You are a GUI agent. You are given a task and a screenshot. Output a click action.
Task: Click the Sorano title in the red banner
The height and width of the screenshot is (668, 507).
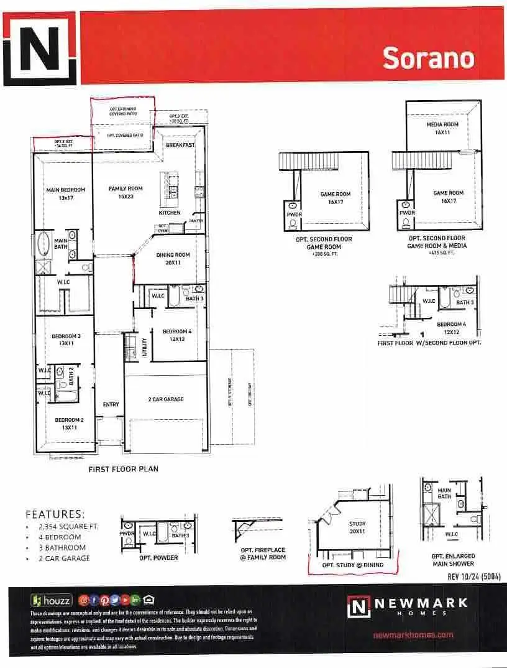pos(428,58)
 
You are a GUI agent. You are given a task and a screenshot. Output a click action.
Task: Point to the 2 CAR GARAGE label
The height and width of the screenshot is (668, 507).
pos(166,399)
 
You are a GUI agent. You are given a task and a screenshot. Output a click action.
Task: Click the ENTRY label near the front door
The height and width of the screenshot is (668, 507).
pos(111,404)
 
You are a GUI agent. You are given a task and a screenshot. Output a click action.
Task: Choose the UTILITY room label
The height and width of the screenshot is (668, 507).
pos(144,345)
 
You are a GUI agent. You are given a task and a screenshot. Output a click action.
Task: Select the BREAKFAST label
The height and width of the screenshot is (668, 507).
pos(180,145)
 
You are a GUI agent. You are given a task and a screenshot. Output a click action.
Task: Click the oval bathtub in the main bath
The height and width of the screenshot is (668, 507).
pos(45,244)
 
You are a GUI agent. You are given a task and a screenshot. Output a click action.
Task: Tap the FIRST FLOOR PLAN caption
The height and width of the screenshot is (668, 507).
pos(123,469)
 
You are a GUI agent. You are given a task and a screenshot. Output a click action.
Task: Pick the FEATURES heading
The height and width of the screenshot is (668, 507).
pos(55,514)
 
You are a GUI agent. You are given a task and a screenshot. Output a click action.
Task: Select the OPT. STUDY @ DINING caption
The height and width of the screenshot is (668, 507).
pos(352,565)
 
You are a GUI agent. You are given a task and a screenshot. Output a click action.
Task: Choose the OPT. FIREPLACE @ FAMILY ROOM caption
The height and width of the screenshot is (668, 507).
pos(263,553)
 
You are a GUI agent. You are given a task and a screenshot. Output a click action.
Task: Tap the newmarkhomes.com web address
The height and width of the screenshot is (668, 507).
pos(413,635)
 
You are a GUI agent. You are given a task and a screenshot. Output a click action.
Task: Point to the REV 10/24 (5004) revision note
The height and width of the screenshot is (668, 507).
pos(474,576)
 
